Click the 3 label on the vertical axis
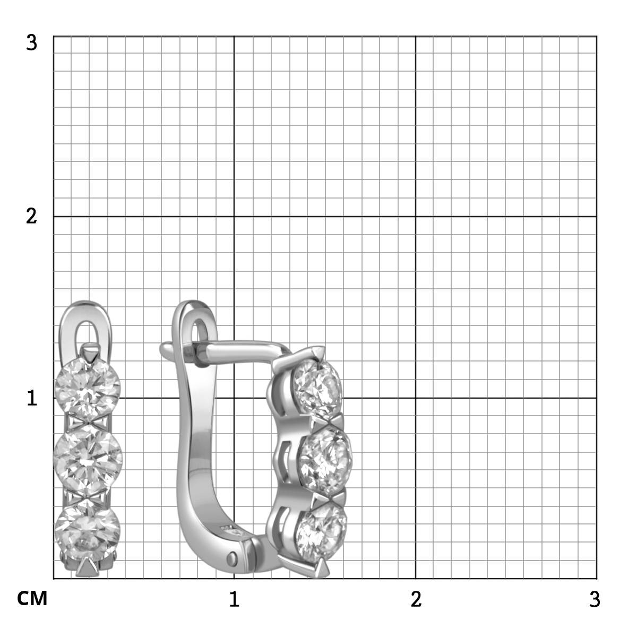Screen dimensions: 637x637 tap(32, 43)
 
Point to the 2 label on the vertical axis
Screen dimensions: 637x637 tap(31, 217)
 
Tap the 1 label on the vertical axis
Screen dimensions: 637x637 tap(32, 398)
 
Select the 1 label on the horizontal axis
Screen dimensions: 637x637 tap(234, 599)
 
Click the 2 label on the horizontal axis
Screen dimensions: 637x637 tap(416, 599)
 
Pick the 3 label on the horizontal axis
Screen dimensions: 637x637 tap(595, 599)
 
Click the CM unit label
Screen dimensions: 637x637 tap(32, 598)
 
